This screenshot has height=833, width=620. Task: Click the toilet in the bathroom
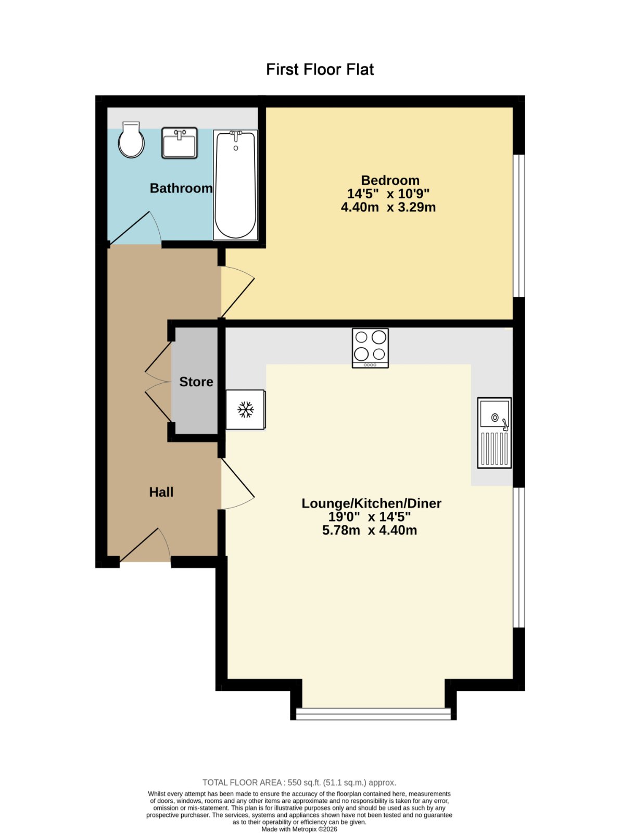tap(131, 140)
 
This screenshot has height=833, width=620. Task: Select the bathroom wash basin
tap(180, 143)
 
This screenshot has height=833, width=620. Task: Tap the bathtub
tap(235, 185)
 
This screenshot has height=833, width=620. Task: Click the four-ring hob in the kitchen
tap(370, 348)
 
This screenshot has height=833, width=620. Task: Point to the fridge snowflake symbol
tap(246, 409)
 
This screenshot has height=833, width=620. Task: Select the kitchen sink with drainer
tap(494, 433)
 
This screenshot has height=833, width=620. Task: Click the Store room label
tap(196, 382)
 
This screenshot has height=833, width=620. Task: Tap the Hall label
tap(161, 493)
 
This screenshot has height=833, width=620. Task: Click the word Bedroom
tap(390, 181)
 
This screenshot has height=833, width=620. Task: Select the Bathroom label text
tap(181, 188)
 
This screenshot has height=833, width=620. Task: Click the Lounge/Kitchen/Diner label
tap(371, 503)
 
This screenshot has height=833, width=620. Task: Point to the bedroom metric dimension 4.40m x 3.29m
tap(388, 207)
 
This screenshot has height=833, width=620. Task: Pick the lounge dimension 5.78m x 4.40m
tap(370, 531)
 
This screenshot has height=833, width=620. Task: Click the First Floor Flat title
tap(320, 69)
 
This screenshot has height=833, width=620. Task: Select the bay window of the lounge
tap(373, 714)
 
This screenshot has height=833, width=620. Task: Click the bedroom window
tap(518, 226)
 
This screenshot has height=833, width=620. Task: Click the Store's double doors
tap(158, 382)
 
